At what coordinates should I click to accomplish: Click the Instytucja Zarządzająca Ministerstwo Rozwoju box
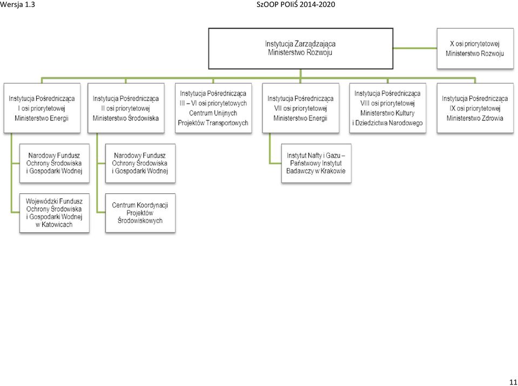pyautogui.click(x=301, y=49)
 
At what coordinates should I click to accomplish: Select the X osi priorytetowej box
pyautogui.click(x=475, y=49)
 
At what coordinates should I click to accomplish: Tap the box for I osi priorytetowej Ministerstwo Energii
pyautogui.click(x=42, y=108)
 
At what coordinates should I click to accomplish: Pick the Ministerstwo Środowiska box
pyautogui.click(x=126, y=108)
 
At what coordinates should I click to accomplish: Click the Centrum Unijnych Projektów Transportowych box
pyautogui.click(x=213, y=108)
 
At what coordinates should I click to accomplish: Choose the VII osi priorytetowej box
pyautogui.click(x=301, y=108)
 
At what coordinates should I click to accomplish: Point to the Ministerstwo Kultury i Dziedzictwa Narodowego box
pyautogui.click(x=388, y=108)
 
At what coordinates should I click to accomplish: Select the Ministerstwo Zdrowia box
pyautogui.click(x=475, y=108)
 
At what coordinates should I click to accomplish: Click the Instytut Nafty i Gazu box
pyautogui.click(x=316, y=163)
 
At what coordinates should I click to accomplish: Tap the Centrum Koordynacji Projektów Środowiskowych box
pyautogui.click(x=140, y=213)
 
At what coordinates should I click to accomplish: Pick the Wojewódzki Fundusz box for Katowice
pyautogui.click(x=55, y=213)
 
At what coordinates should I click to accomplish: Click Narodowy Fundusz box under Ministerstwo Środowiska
pyautogui.click(x=140, y=163)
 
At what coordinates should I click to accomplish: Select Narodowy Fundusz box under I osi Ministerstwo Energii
pyautogui.click(x=55, y=163)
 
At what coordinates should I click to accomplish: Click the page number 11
pyautogui.click(x=513, y=380)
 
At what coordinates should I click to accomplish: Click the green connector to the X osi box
pyautogui.click(x=415, y=48)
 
